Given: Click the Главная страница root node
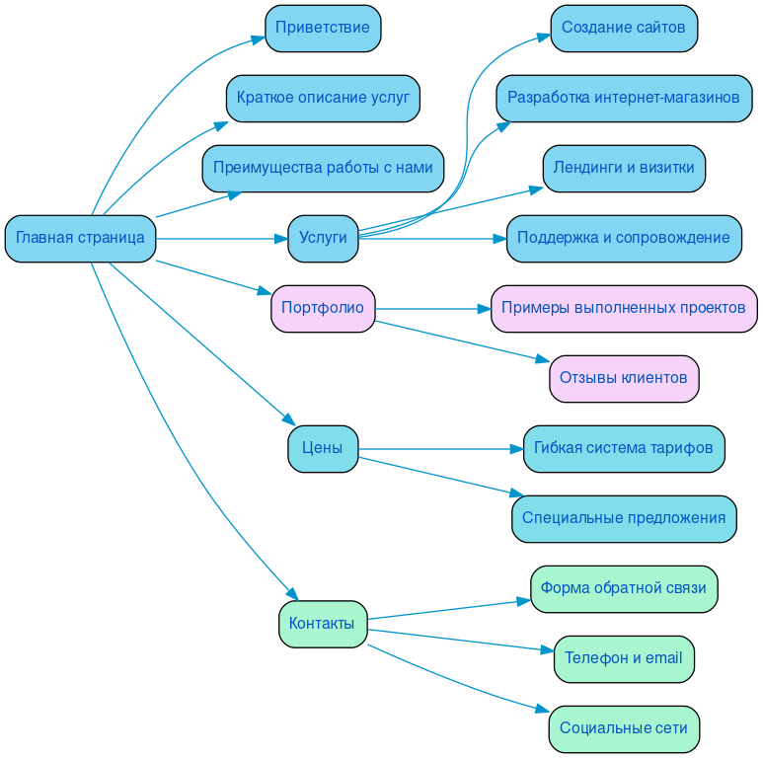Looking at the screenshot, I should tap(80, 238).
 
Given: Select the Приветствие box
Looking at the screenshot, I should tap(323, 28).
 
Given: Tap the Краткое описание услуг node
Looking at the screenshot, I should tap(323, 98).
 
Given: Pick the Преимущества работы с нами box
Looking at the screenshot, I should tap(323, 168).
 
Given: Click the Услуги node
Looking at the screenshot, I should tap(323, 238).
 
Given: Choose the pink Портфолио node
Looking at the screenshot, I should tap(323, 308).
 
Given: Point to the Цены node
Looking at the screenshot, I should tap(323, 448).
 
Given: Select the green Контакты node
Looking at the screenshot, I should tap(323, 624).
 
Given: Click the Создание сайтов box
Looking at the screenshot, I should tap(624, 28).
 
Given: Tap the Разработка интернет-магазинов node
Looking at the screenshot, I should tap(624, 98).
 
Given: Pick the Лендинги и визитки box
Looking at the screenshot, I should tap(624, 168).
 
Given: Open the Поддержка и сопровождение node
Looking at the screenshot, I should tap(624, 238).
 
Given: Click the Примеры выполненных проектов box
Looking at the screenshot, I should tap(624, 308).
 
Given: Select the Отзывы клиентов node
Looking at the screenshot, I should tap(624, 378).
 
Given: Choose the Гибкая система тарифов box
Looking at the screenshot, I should tap(624, 448).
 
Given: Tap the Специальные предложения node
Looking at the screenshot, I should tap(624, 518).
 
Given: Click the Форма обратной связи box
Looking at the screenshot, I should tap(624, 588).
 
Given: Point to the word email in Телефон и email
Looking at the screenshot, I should tap(663, 658).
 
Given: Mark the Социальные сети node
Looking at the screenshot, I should tap(624, 728).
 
